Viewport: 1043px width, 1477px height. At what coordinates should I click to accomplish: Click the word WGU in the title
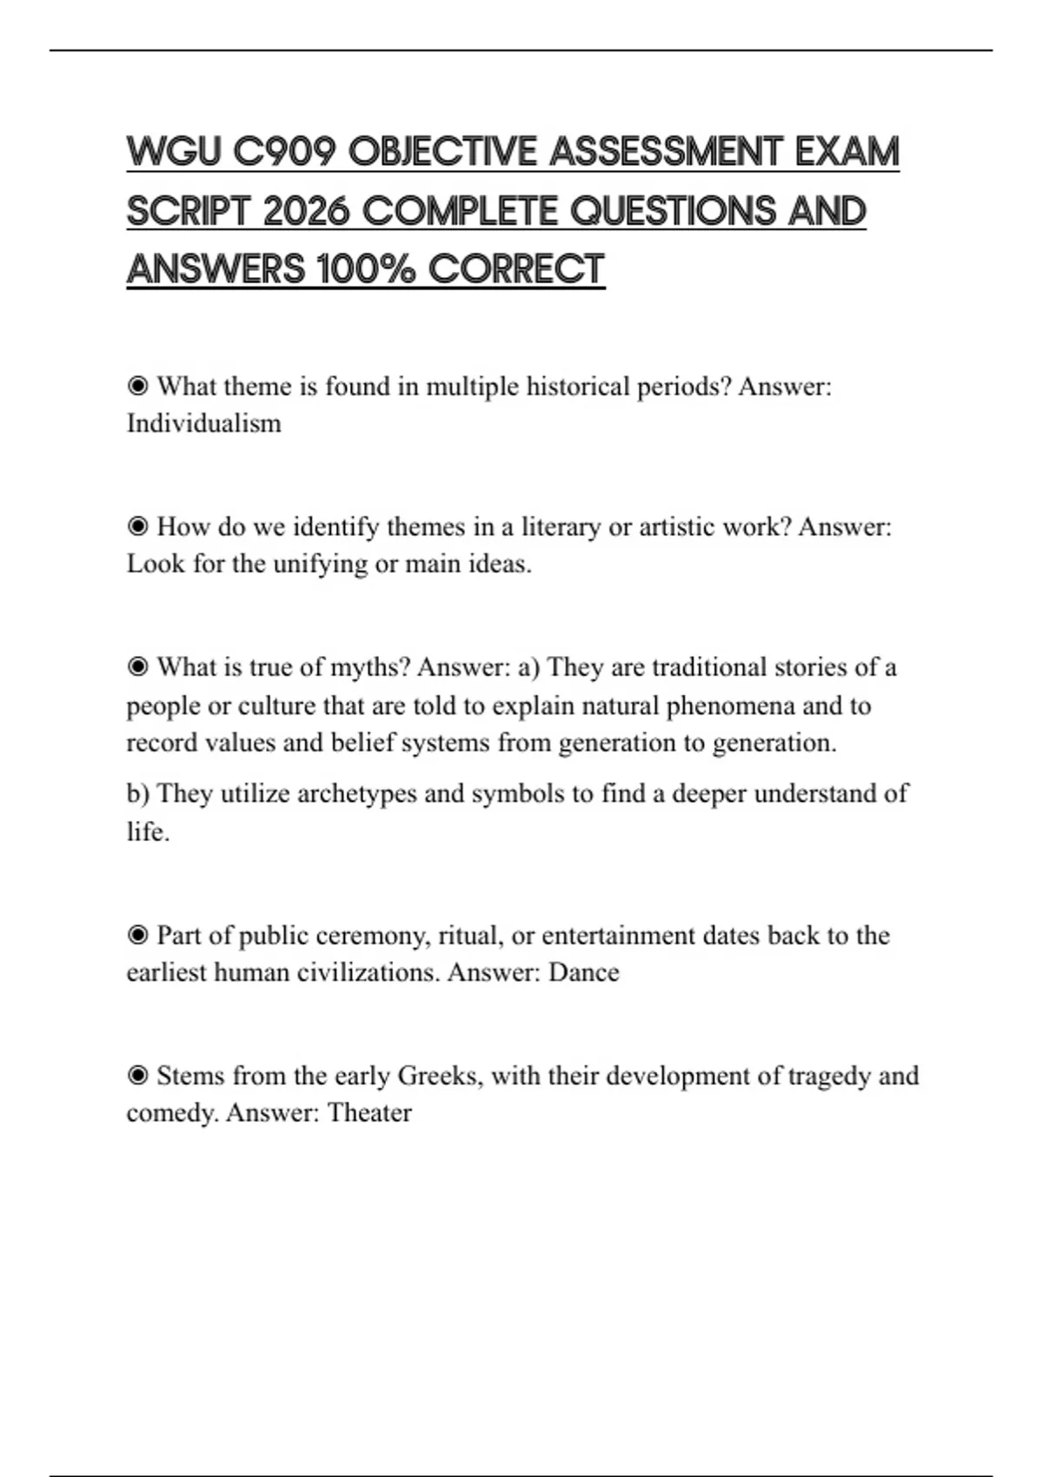coord(172,152)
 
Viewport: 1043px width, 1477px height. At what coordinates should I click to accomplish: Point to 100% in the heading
coord(366,269)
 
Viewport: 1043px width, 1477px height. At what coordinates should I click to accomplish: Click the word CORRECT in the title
coord(516,269)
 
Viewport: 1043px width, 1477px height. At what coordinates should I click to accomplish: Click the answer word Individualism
coord(204,424)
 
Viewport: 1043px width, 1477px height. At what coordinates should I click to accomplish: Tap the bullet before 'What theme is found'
coord(137,386)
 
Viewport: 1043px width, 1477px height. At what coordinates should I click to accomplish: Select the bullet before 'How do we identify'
coord(137,527)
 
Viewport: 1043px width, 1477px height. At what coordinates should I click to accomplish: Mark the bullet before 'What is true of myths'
coord(137,667)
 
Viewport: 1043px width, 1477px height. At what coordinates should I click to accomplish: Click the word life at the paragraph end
coord(145,832)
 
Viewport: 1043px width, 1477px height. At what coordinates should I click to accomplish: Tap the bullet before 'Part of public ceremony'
coord(137,936)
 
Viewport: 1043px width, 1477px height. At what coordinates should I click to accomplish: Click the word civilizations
coord(369,972)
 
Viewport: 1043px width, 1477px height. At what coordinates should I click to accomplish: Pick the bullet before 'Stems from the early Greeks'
coord(137,1076)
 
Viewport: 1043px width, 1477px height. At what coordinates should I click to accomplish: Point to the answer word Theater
coord(369,1113)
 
